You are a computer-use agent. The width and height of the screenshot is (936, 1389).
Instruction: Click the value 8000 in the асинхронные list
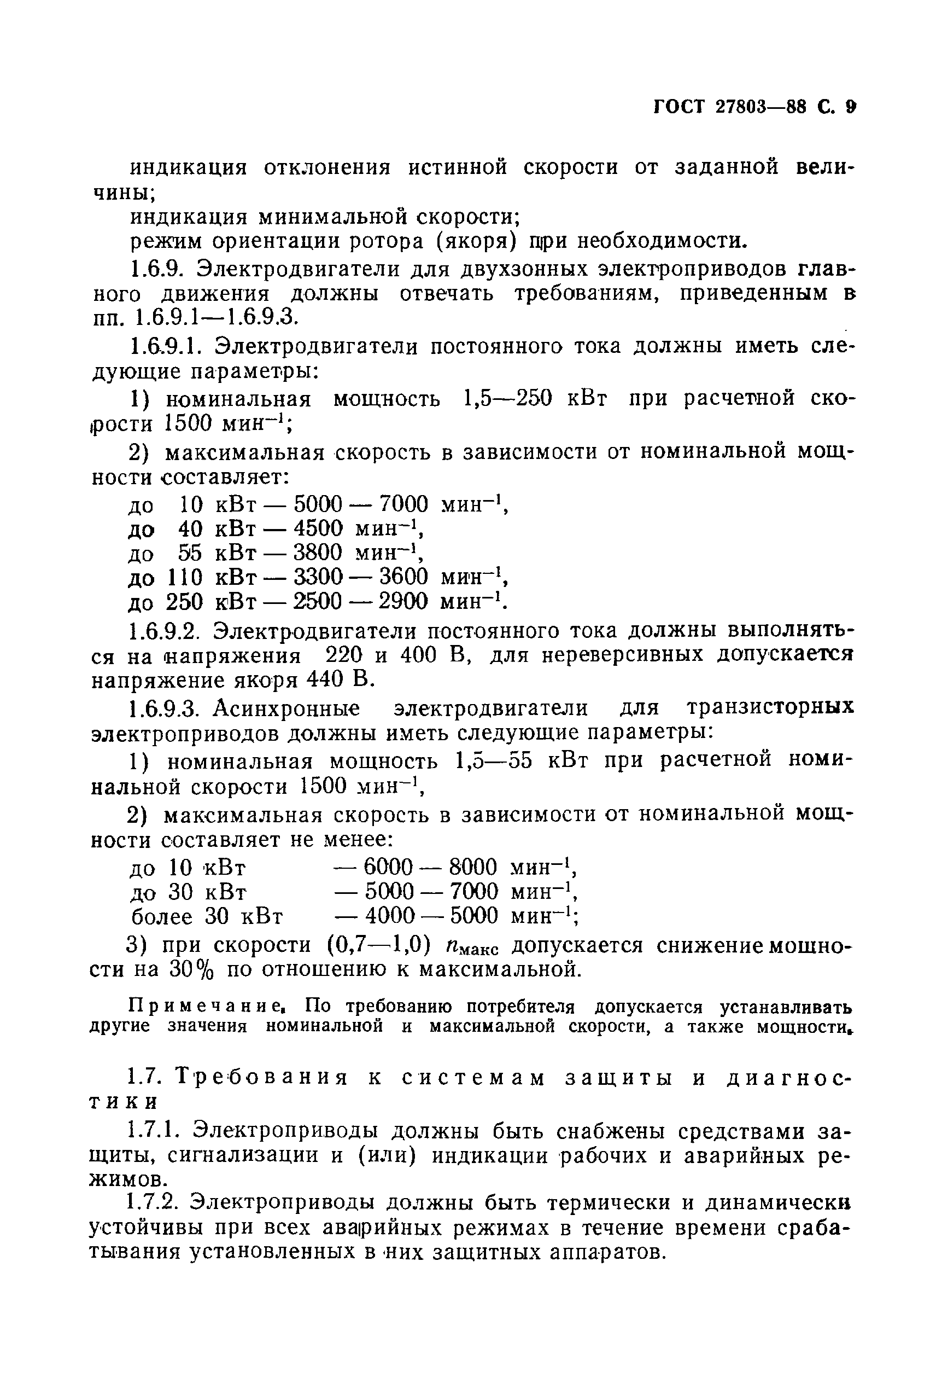(473, 867)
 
